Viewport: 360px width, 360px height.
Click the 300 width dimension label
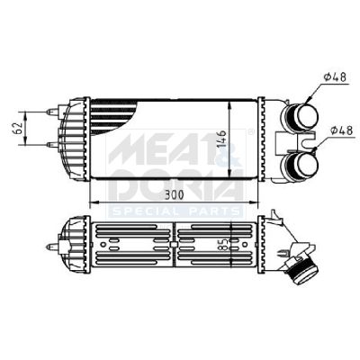click(174, 195)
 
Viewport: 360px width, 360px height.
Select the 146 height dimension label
click(221, 139)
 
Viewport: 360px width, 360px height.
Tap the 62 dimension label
click(18, 128)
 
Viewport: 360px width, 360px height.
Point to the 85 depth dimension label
click(224, 244)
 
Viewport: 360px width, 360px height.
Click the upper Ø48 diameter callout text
click(335, 77)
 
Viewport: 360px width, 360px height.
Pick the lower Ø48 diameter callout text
click(342, 130)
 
